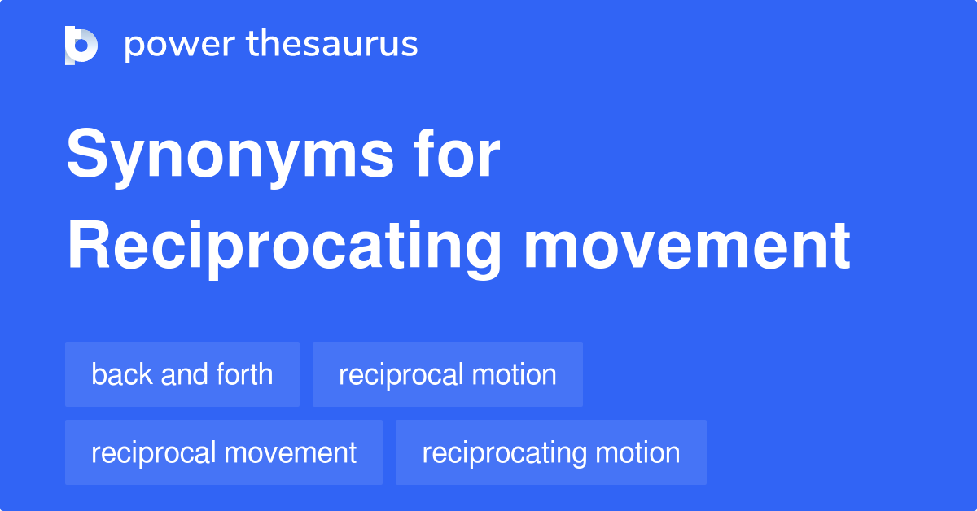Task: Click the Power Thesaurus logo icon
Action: pyautogui.click(x=81, y=45)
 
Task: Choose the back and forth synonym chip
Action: pyautogui.click(x=182, y=374)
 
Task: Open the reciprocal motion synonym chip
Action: pyautogui.click(x=448, y=374)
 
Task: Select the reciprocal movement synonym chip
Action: pyautogui.click(x=224, y=452)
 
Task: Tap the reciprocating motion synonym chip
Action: pyautogui.click(x=551, y=452)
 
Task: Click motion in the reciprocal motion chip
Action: pyautogui.click(x=517, y=374)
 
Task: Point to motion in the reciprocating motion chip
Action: pyautogui.click(x=641, y=452)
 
